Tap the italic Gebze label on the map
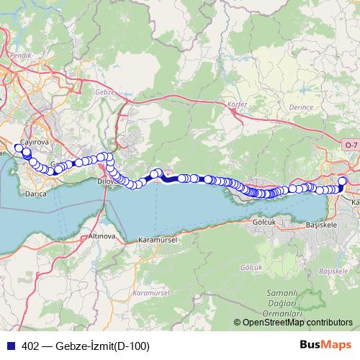click(105, 92)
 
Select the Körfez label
click(237, 104)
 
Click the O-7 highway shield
click(351, 145)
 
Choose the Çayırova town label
click(32, 143)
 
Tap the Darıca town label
click(35, 194)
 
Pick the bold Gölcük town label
click(264, 222)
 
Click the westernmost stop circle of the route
click(19, 148)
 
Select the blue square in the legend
click(10, 346)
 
